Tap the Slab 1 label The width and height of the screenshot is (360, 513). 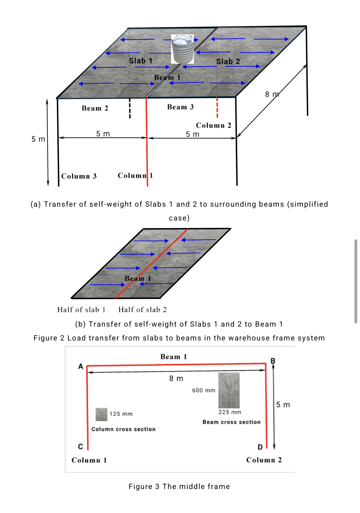[x=141, y=61]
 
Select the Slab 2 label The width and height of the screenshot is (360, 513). [x=228, y=62]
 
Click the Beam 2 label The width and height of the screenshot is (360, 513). [x=95, y=108]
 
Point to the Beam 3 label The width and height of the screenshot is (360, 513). [x=180, y=107]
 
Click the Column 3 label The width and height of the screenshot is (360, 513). [x=79, y=176]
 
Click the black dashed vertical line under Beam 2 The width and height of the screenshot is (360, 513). [x=130, y=108]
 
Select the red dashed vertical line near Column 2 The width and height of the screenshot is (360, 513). [x=217, y=108]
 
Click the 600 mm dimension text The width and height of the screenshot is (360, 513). [x=204, y=390]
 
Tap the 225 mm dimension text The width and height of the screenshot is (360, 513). [x=230, y=412]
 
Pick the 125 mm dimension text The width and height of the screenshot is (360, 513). [x=121, y=414]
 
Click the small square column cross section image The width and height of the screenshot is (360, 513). [x=101, y=414]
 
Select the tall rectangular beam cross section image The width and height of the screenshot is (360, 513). [x=229, y=390]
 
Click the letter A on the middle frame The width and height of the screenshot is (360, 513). [x=81, y=366]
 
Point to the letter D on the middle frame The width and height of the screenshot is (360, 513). [x=260, y=447]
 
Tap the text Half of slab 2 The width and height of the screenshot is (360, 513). [x=142, y=310]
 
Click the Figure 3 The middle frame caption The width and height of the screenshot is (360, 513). [x=179, y=487]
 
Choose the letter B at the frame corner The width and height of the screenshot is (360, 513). [x=273, y=361]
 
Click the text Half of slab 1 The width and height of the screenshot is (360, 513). [x=81, y=310]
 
